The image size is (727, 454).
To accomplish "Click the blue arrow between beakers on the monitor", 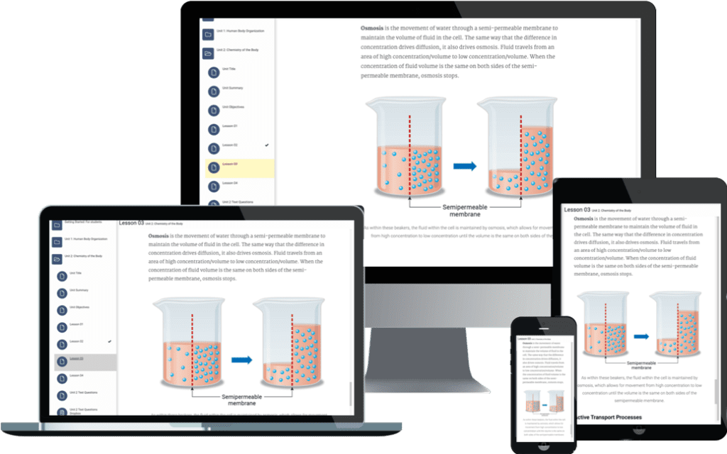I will point(464,166).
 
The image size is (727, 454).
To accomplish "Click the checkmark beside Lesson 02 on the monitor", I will point(267,145).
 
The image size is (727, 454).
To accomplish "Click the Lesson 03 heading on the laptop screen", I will point(131,223).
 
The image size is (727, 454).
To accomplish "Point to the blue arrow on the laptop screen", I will point(241,360).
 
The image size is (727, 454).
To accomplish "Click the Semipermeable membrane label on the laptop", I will point(242,399).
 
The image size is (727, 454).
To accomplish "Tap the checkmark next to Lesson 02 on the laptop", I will point(109,342).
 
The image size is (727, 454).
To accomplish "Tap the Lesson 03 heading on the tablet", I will point(577,209).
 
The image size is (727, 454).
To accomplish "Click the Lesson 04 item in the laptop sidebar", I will point(76,375).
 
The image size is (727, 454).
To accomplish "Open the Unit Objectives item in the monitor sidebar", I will point(233,107).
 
